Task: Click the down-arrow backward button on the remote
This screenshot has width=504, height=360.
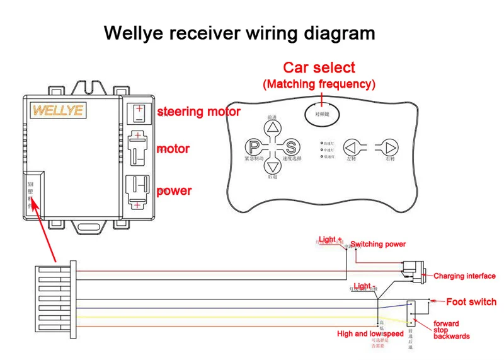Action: coord(272,167)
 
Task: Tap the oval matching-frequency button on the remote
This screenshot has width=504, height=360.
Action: coord(322,113)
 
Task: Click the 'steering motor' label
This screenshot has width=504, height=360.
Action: coord(198,112)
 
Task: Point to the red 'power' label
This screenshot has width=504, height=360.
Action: coord(174,190)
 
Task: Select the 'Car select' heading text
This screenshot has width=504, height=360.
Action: coord(319,67)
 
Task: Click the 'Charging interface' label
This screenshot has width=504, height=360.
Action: coord(465,276)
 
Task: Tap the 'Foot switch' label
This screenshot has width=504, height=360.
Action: coord(471,302)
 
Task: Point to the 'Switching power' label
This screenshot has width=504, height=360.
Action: coord(378,244)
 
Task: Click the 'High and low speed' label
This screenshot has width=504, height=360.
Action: coord(370,334)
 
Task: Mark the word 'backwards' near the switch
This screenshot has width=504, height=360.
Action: coord(452,336)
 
